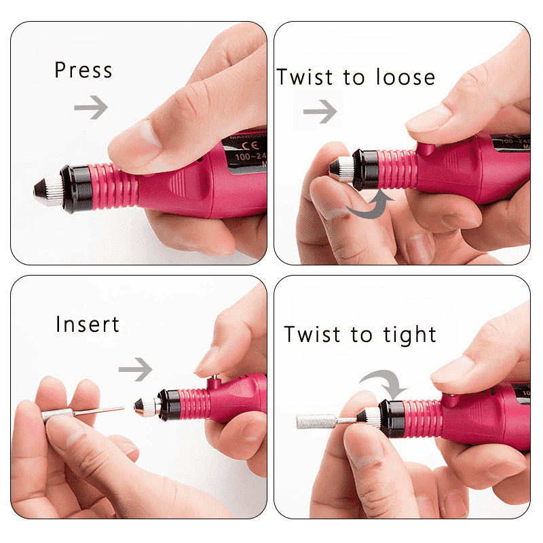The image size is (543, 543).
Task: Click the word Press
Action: [83, 71]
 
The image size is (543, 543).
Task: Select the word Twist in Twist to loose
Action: [305, 77]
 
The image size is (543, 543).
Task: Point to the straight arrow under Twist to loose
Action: [320, 112]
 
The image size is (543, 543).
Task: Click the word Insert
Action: [88, 324]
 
